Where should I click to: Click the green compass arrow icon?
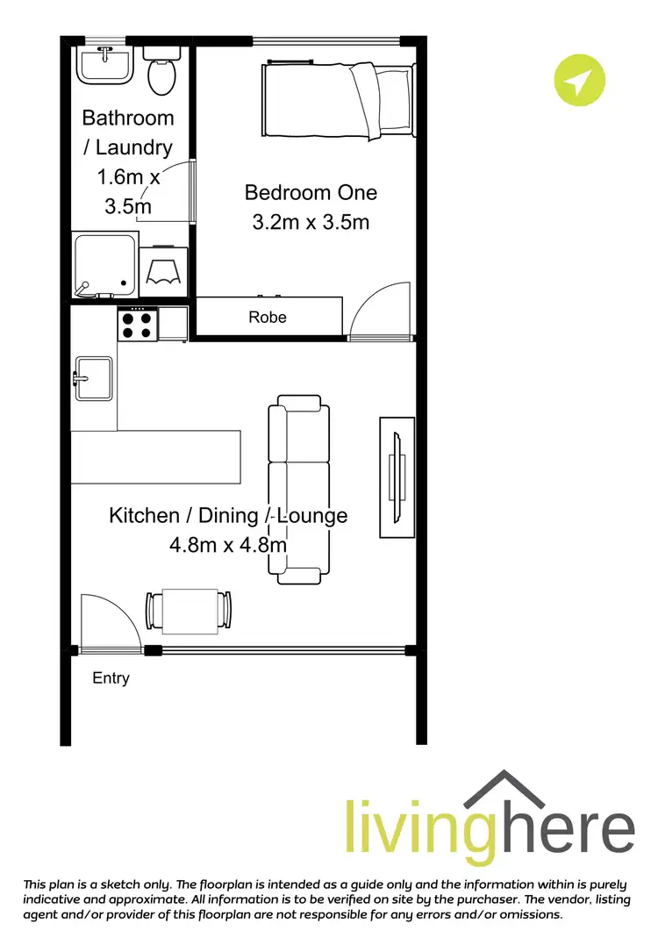tap(579, 82)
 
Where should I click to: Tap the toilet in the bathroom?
tap(161, 74)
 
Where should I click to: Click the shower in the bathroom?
tap(104, 265)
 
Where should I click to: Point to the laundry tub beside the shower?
tap(164, 268)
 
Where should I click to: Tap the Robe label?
tap(268, 317)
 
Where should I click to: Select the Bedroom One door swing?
tap(382, 310)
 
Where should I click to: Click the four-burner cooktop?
tap(138, 325)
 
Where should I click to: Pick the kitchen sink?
tap(93, 378)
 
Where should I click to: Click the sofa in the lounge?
tap(299, 491)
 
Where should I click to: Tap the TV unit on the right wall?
tap(397, 476)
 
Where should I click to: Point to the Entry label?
tap(111, 678)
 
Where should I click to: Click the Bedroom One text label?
tap(311, 192)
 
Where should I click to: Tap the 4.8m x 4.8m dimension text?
tap(228, 545)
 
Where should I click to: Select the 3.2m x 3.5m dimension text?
tap(311, 222)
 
